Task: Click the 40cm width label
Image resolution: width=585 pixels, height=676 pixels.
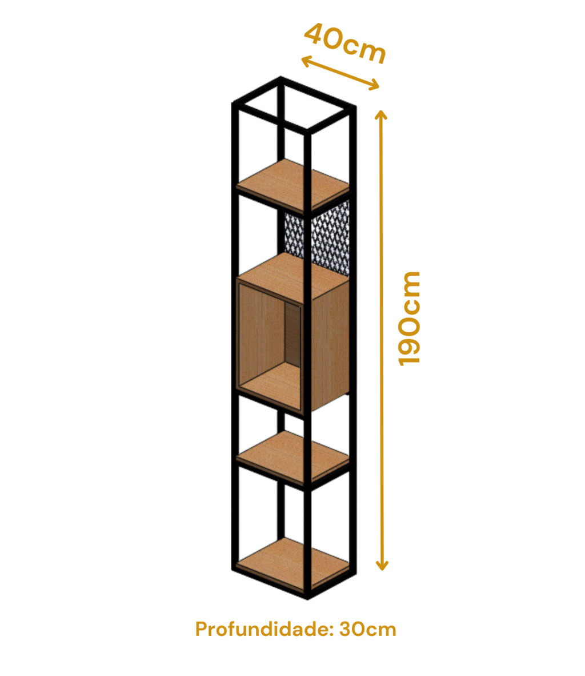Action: (344, 43)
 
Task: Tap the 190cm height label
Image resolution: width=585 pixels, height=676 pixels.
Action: (408, 319)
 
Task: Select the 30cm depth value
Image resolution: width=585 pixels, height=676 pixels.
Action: (368, 630)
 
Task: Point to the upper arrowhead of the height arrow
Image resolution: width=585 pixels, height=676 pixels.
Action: (381, 114)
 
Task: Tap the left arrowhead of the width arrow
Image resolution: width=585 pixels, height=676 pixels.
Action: (306, 61)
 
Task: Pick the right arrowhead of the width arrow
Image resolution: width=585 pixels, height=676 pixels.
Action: (374, 85)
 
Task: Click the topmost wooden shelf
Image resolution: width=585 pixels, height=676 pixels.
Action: (293, 184)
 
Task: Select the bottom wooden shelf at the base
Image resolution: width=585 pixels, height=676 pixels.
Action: (293, 563)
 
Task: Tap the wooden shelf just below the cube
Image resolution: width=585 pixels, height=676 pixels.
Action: (293, 456)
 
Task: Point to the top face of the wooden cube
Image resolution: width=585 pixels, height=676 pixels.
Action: (293, 275)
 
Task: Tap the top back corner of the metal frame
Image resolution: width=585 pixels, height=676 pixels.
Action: (281, 78)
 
